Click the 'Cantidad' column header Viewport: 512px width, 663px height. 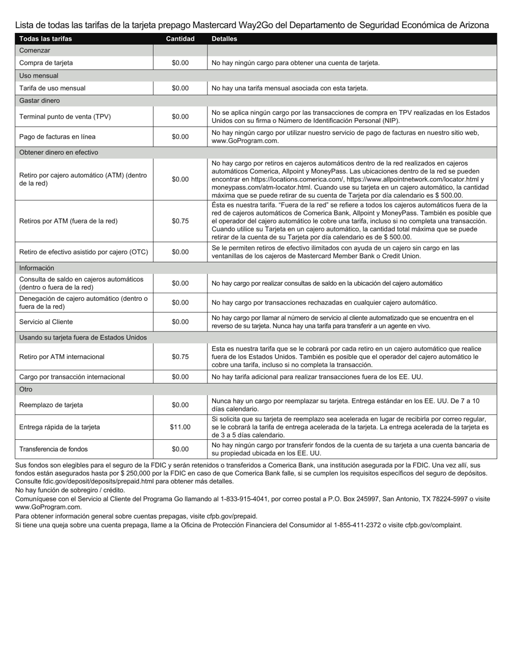(x=180, y=39)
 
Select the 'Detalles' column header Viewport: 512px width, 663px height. (x=224, y=39)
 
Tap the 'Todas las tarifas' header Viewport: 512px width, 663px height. (x=45, y=39)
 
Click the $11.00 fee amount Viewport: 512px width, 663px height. (x=180, y=427)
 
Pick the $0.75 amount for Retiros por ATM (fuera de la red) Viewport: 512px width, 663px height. (x=180, y=221)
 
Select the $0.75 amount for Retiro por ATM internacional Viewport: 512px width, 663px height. (x=180, y=357)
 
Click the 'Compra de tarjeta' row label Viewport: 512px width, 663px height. (x=46, y=63)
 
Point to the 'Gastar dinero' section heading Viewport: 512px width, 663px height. (x=39, y=101)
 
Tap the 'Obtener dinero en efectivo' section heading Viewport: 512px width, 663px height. (x=58, y=153)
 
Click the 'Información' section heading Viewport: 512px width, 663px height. (x=37, y=268)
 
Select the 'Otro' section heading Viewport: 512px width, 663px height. (x=26, y=389)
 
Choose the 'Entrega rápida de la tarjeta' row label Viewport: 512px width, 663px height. (x=59, y=427)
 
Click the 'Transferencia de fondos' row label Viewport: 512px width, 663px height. (x=53, y=449)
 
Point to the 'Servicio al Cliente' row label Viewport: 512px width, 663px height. (x=46, y=322)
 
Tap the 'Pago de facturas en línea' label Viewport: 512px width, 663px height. (x=57, y=137)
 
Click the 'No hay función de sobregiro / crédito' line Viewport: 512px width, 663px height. (x=70, y=491)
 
